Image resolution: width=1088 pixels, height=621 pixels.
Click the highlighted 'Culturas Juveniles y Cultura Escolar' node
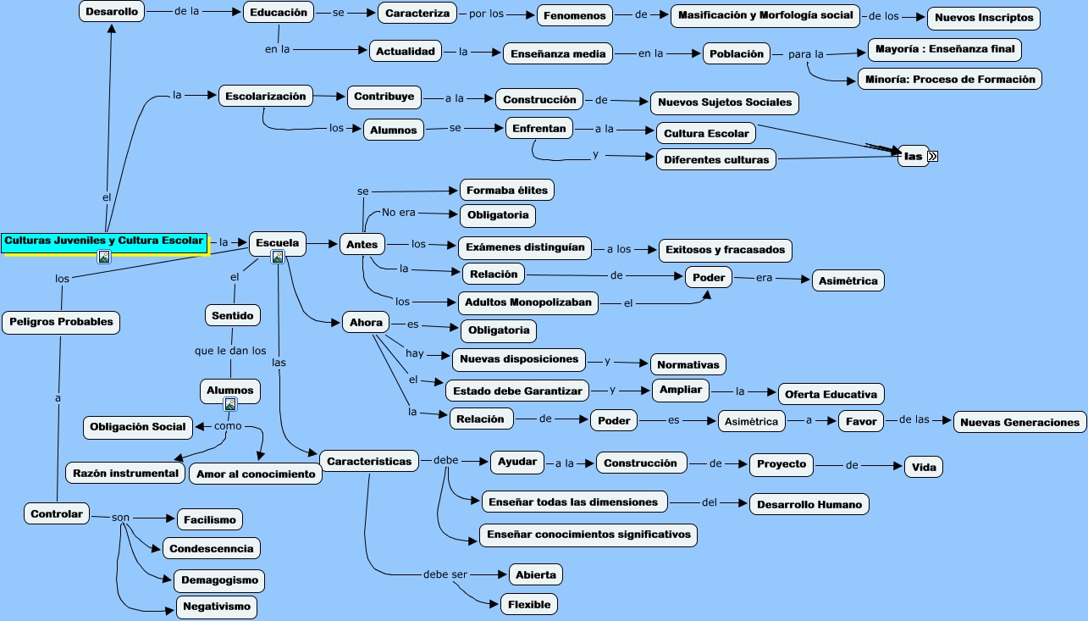104,242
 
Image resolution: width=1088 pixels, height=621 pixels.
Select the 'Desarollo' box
112,12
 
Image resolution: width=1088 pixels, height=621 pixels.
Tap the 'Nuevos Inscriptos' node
984,18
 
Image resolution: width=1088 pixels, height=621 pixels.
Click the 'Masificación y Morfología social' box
765,15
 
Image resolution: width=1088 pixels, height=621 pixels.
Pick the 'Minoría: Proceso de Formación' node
950,79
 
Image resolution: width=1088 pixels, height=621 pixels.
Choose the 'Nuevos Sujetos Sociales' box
725,103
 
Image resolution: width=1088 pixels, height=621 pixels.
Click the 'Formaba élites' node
507,191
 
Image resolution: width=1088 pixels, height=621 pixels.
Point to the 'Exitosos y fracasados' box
725,250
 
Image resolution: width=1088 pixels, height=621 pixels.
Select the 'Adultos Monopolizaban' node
528,302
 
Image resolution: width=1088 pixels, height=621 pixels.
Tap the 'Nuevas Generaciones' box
1020,423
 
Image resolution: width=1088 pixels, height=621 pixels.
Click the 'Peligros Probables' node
61,322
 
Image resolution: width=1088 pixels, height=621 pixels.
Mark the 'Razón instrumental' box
125,474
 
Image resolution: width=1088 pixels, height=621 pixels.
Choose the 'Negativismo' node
217,607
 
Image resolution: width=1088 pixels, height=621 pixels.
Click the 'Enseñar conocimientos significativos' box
588,535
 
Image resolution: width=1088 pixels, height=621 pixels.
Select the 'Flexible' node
529,604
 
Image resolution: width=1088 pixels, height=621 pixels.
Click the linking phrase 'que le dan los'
230,351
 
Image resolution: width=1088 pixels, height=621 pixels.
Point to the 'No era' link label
399,213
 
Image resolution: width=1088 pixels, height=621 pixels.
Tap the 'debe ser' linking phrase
445,574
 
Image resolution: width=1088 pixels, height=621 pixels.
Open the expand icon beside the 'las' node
932,157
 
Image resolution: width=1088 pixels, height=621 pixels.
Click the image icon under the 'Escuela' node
278,257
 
